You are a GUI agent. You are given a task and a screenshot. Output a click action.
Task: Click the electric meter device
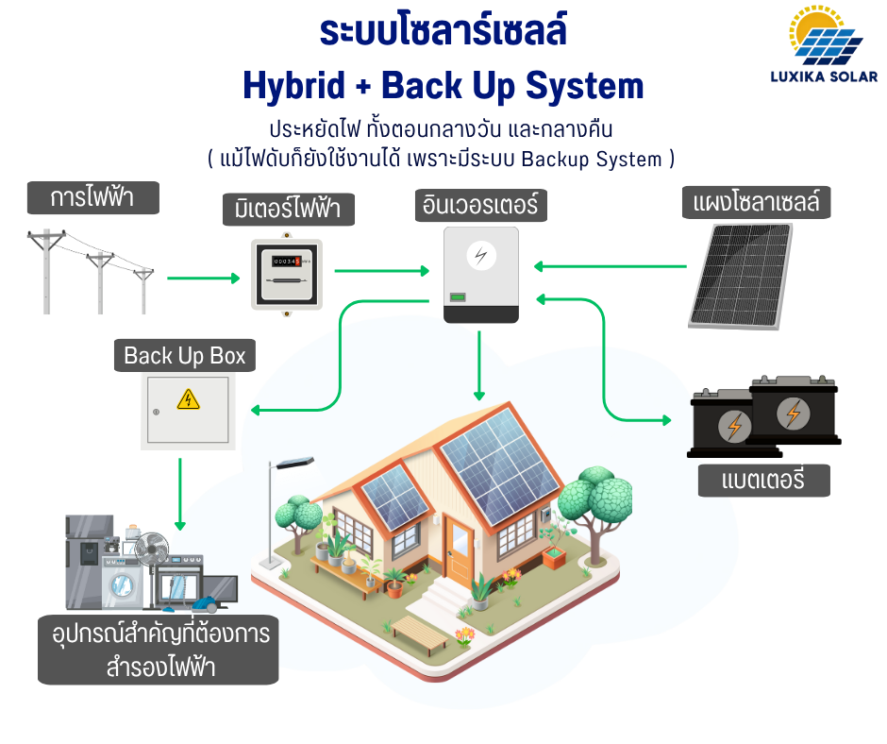[287, 274]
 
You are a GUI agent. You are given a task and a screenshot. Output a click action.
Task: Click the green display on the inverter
[457, 298]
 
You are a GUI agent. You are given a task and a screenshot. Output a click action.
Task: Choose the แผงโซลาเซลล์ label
[756, 201]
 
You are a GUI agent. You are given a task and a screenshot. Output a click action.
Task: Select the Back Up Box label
[185, 356]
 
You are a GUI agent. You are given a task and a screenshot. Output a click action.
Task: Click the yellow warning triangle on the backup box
[188, 399]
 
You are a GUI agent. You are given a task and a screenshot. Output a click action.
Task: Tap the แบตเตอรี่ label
[763, 480]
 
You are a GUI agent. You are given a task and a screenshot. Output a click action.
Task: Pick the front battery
[794, 412]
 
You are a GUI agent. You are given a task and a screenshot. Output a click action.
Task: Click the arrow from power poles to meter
[204, 279]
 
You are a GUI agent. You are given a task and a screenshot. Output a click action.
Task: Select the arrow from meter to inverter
[381, 272]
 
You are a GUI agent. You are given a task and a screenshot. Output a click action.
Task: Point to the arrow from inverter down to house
[479, 364]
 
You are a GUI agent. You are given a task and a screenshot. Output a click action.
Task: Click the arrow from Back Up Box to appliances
[179, 493]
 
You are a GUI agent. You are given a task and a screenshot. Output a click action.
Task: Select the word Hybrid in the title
[294, 87]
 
